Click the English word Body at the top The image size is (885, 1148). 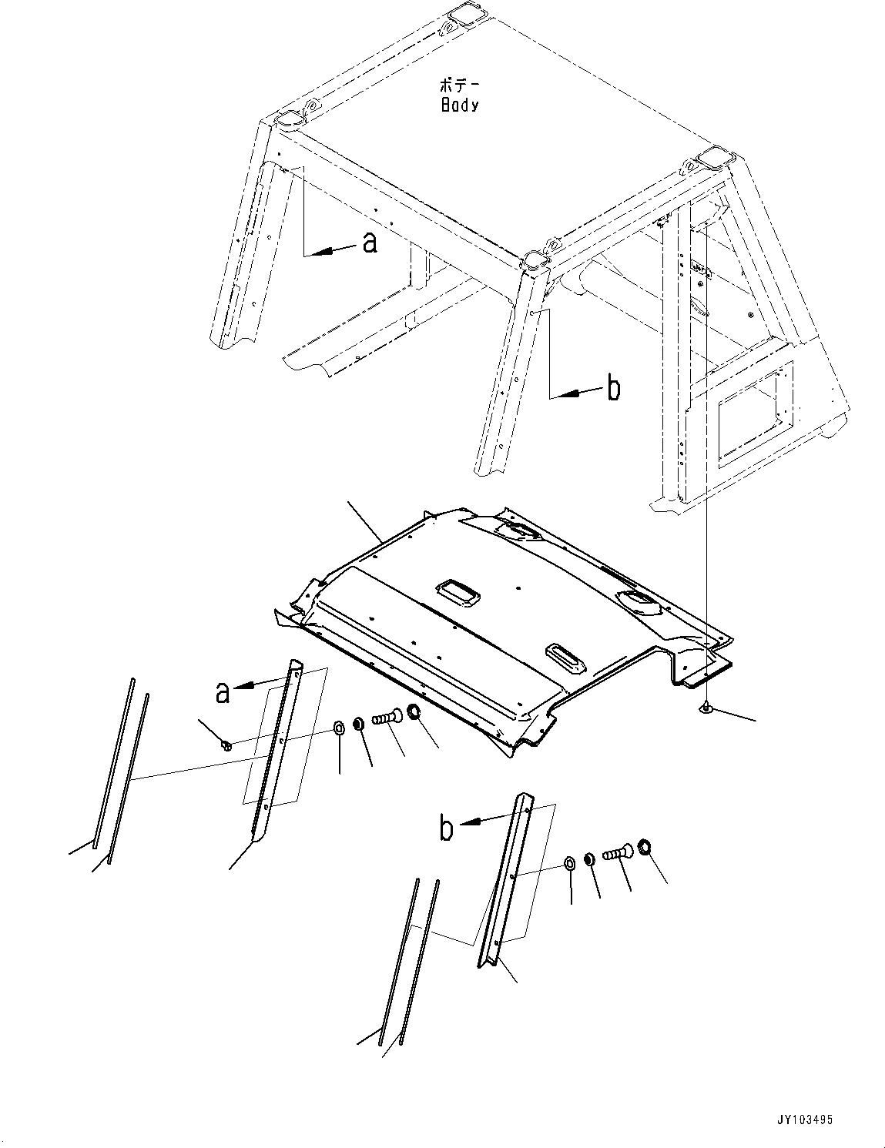tap(459, 105)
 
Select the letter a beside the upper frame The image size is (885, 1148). tap(369, 244)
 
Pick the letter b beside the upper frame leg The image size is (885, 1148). tap(613, 389)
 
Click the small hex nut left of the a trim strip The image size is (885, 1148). tap(225, 744)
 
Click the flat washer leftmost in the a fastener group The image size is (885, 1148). tap(339, 728)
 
